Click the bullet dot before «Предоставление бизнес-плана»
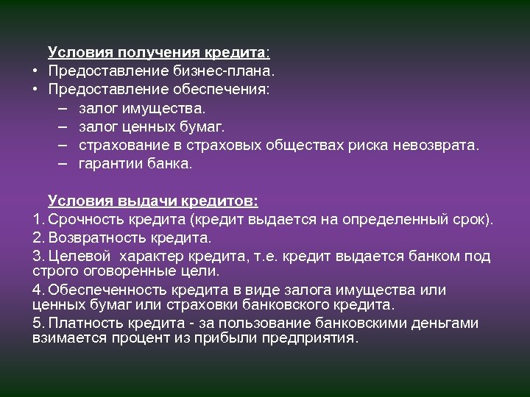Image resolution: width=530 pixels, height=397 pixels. pos(35,71)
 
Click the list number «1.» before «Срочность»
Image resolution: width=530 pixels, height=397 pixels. pos(39,219)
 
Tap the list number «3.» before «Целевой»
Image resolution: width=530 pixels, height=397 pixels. pos(39,256)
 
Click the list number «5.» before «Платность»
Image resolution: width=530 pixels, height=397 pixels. pos(39,323)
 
